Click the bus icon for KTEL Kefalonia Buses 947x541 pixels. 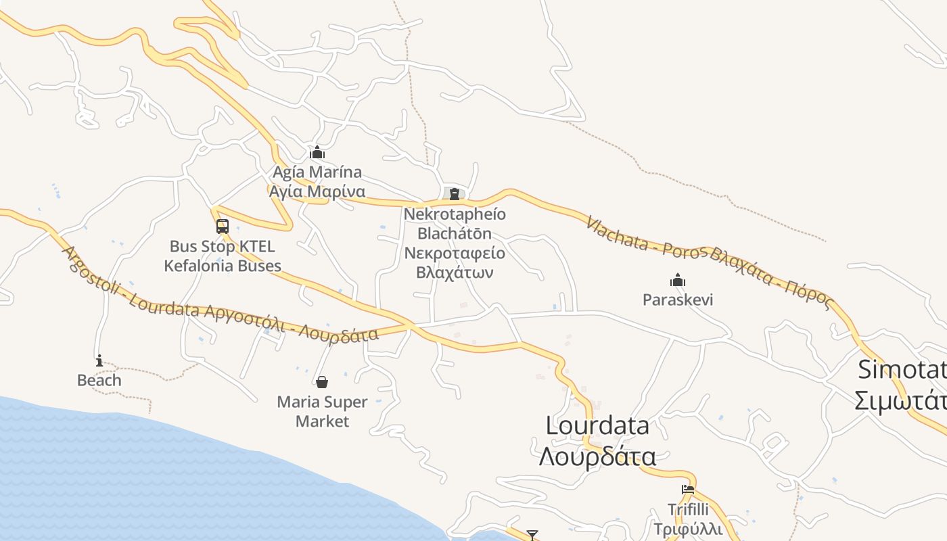(x=223, y=227)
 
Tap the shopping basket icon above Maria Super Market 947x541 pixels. (x=322, y=382)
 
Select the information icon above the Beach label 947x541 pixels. (x=99, y=360)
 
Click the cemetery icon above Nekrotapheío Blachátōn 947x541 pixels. (x=455, y=194)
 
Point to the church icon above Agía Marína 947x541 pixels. (x=317, y=152)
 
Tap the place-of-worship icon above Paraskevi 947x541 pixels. (x=678, y=280)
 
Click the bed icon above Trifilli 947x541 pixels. (x=688, y=490)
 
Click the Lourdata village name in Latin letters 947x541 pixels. (x=597, y=425)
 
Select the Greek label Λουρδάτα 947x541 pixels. (x=597, y=456)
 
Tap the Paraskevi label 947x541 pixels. (x=678, y=300)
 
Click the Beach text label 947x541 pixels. (x=99, y=380)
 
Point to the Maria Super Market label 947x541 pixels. (x=323, y=411)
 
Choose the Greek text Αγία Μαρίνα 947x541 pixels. (x=317, y=191)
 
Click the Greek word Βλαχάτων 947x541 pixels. (x=455, y=273)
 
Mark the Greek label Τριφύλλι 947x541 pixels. (x=688, y=528)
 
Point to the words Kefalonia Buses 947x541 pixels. (x=223, y=266)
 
